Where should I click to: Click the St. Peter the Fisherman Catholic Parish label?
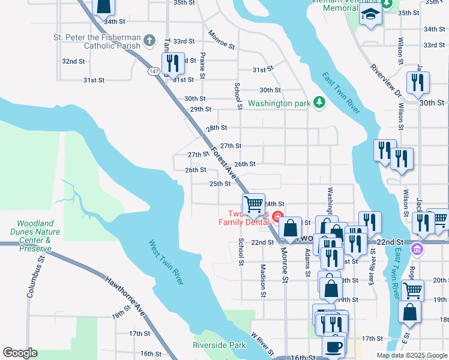pos(96,41)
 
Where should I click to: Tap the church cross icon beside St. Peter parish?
pos(149,41)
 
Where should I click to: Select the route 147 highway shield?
pos(154,71)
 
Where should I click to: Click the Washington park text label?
pos(279,103)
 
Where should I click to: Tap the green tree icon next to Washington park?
pos(319,103)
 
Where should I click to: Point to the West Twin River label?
pos(166,263)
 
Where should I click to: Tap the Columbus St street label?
pos(35,278)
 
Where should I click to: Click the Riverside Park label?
pos(220,345)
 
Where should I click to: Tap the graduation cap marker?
pos(370,14)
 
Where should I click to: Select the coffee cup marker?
pos(333,346)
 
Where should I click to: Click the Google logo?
pos(20,353)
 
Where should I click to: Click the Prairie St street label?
pos(203,65)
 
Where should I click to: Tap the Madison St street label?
pos(263,280)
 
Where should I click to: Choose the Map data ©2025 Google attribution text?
pos(412,355)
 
